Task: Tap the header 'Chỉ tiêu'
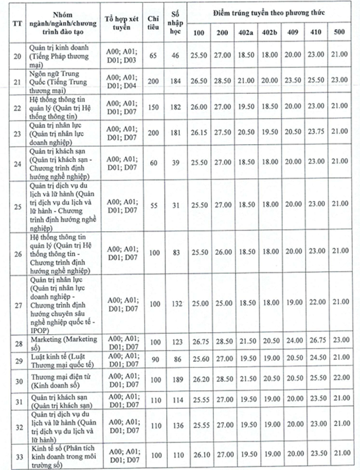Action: [155, 22]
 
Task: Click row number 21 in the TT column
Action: [16, 82]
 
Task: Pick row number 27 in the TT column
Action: [16, 305]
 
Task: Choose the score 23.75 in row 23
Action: [316, 133]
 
